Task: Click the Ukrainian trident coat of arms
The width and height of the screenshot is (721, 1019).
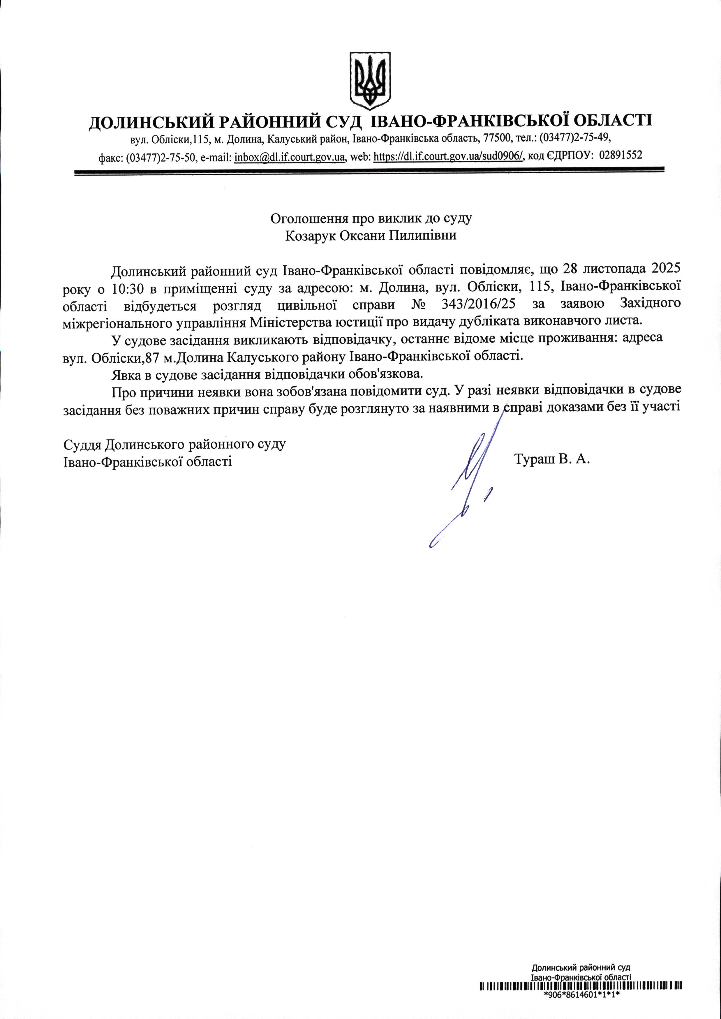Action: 370,80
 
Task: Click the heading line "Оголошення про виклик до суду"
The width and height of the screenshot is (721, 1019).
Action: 371,218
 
